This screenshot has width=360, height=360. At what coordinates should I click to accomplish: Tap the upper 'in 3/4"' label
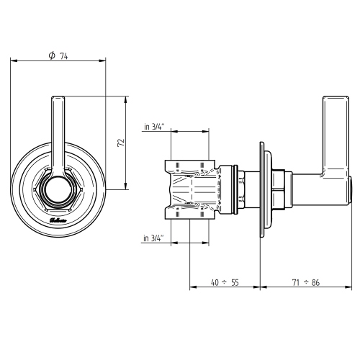tap(153, 127)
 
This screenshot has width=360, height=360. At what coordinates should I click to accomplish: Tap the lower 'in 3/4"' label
tap(153, 237)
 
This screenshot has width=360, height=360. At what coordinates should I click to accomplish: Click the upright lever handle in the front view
tap(57, 133)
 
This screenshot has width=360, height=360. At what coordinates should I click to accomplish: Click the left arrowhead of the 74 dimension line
tap(13, 62)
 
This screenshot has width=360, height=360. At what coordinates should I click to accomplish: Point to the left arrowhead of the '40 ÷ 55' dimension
tap(192, 288)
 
